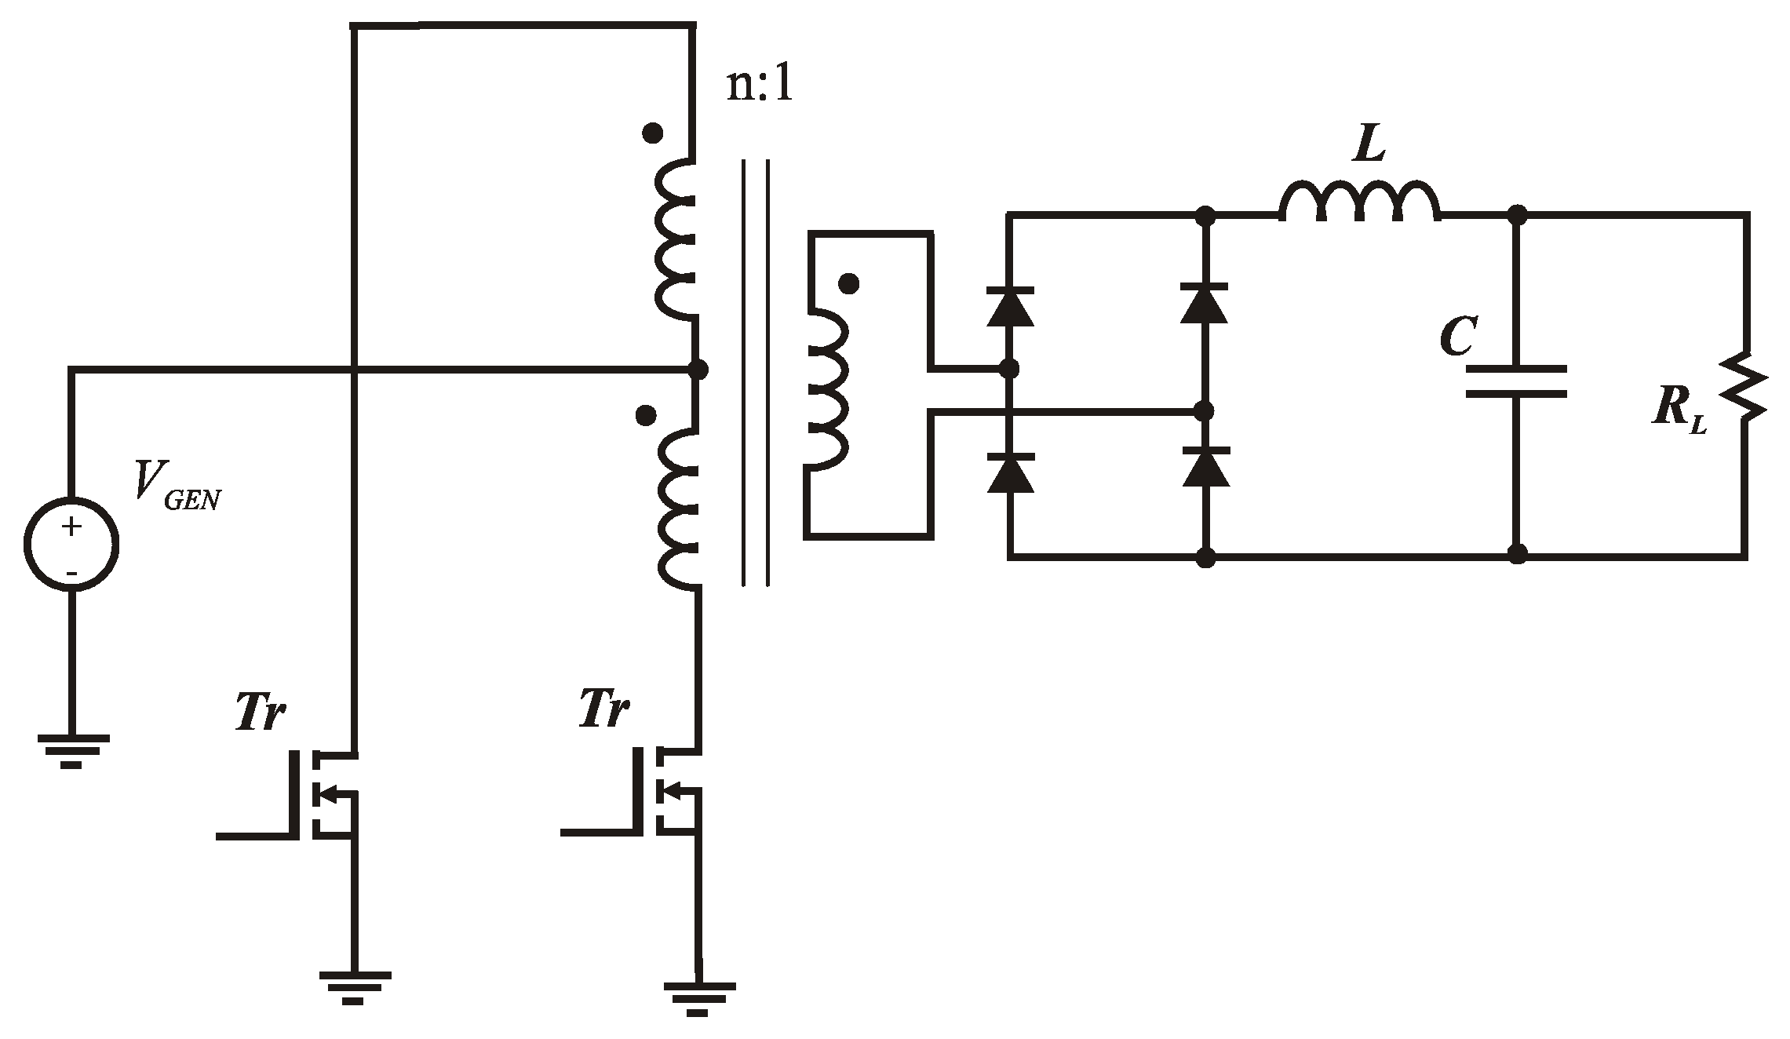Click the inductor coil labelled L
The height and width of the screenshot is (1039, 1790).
point(1360,202)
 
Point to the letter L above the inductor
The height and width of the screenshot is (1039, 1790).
point(1369,146)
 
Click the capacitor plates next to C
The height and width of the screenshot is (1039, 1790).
point(1517,381)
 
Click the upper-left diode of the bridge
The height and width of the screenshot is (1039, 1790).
point(1010,307)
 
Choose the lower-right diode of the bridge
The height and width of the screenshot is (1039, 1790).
point(1205,467)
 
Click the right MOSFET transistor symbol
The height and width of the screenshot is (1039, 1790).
point(667,789)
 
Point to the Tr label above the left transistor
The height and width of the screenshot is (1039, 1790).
point(260,713)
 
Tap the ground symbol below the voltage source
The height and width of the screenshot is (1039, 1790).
point(71,750)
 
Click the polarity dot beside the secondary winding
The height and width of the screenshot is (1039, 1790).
point(848,284)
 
